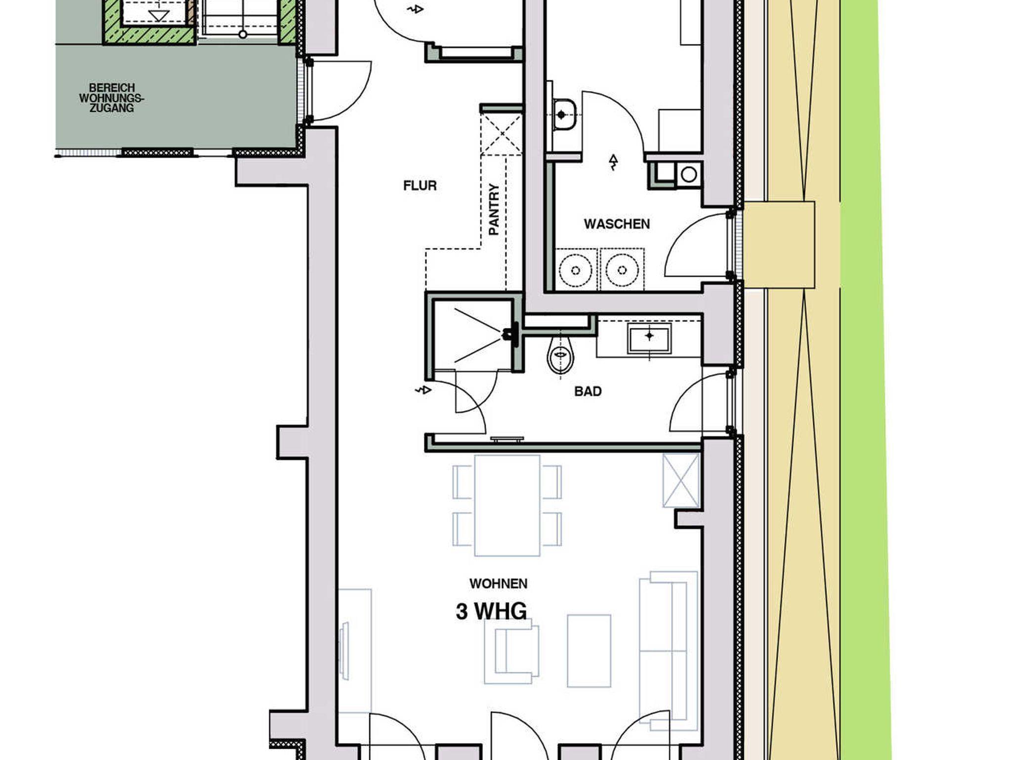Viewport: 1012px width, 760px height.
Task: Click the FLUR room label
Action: pyautogui.click(x=420, y=186)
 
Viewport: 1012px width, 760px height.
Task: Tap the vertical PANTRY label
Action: pyautogui.click(x=494, y=210)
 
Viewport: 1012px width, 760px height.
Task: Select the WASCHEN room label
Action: pyautogui.click(x=617, y=224)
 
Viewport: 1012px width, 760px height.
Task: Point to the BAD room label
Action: pyautogui.click(x=588, y=391)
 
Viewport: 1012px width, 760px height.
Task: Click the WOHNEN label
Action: pyautogui.click(x=499, y=584)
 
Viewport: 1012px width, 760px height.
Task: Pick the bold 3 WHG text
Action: pyautogui.click(x=491, y=611)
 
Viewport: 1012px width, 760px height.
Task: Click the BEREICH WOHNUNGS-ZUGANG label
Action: pyautogui.click(x=112, y=98)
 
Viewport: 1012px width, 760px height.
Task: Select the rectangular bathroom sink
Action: pyautogui.click(x=649, y=338)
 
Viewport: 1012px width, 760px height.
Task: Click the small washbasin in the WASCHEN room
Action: pyautogui.click(x=563, y=115)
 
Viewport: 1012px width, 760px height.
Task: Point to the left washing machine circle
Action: pyautogui.click(x=576, y=270)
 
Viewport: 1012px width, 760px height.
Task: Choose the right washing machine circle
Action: pyautogui.click(x=622, y=270)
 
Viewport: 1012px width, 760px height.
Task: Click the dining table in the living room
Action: pyautogui.click(x=507, y=506)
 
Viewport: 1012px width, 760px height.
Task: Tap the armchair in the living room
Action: pyautogui.click(x=511, y=651)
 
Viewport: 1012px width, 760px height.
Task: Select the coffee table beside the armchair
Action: pyautogui.click(x=589, y=651)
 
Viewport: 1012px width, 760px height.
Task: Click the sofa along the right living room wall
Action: pyautogui.click(x=669, y=651)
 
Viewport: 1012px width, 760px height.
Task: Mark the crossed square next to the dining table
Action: pyautogui.click(x=681, y=480)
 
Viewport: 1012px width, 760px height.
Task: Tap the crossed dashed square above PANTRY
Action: pyautogui.click(x=502, y=134)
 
